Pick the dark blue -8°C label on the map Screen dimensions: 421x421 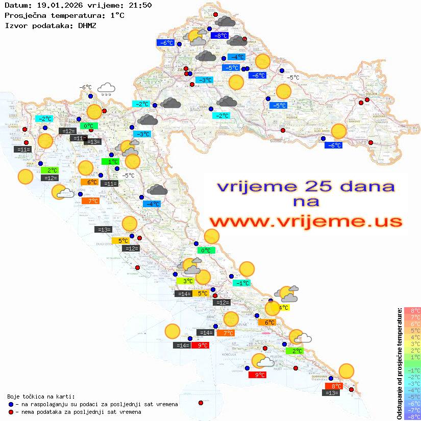220,36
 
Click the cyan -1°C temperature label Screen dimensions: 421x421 241,283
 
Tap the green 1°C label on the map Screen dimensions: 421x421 110,162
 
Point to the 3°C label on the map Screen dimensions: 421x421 185,281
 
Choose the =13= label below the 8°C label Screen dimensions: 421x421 332,393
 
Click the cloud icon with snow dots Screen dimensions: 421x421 106,89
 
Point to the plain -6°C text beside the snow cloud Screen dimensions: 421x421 85,87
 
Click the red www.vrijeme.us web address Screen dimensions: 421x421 305,221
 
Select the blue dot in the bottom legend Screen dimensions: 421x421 11,404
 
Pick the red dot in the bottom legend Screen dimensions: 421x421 11,412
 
